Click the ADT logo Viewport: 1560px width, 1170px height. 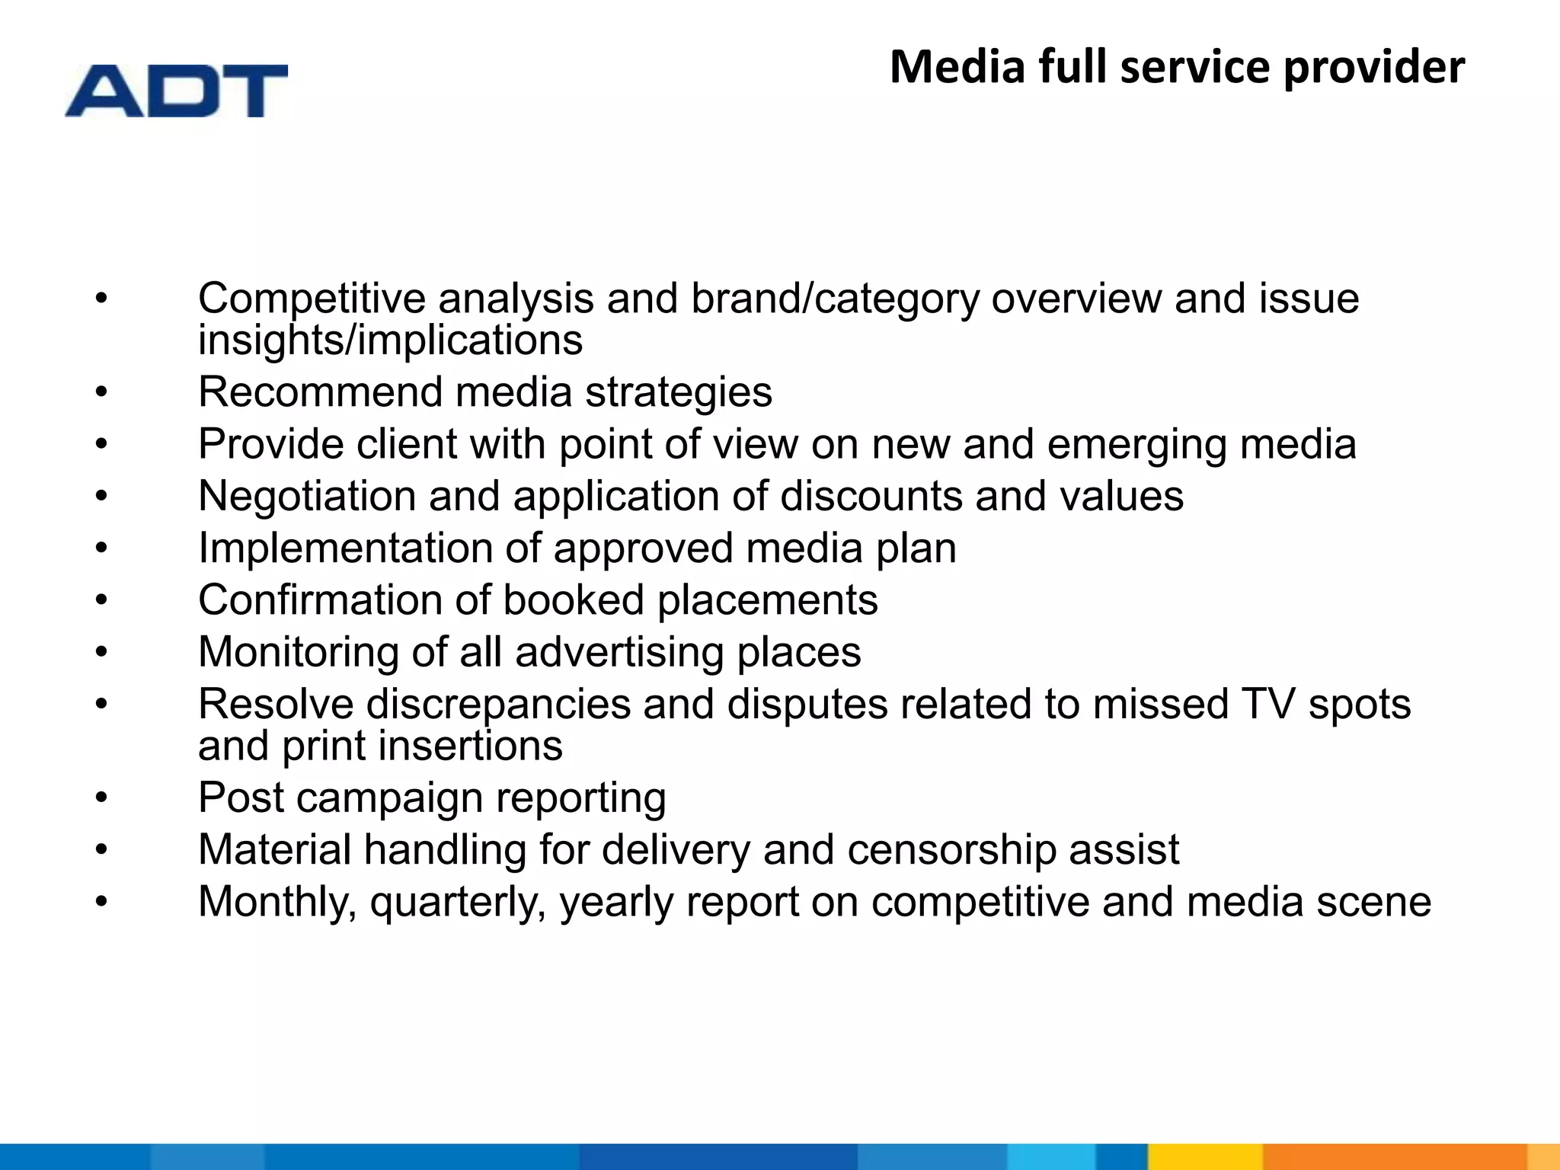click(176, 91)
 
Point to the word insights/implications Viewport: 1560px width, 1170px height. click(390, 340)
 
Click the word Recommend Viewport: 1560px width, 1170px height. click(320, 392)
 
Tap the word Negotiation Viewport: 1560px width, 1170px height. click(306, 497)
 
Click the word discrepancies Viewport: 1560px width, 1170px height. click(498, 705)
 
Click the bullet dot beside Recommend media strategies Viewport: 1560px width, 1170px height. click(102, 393)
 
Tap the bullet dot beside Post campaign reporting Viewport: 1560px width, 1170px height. click(102, 799)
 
